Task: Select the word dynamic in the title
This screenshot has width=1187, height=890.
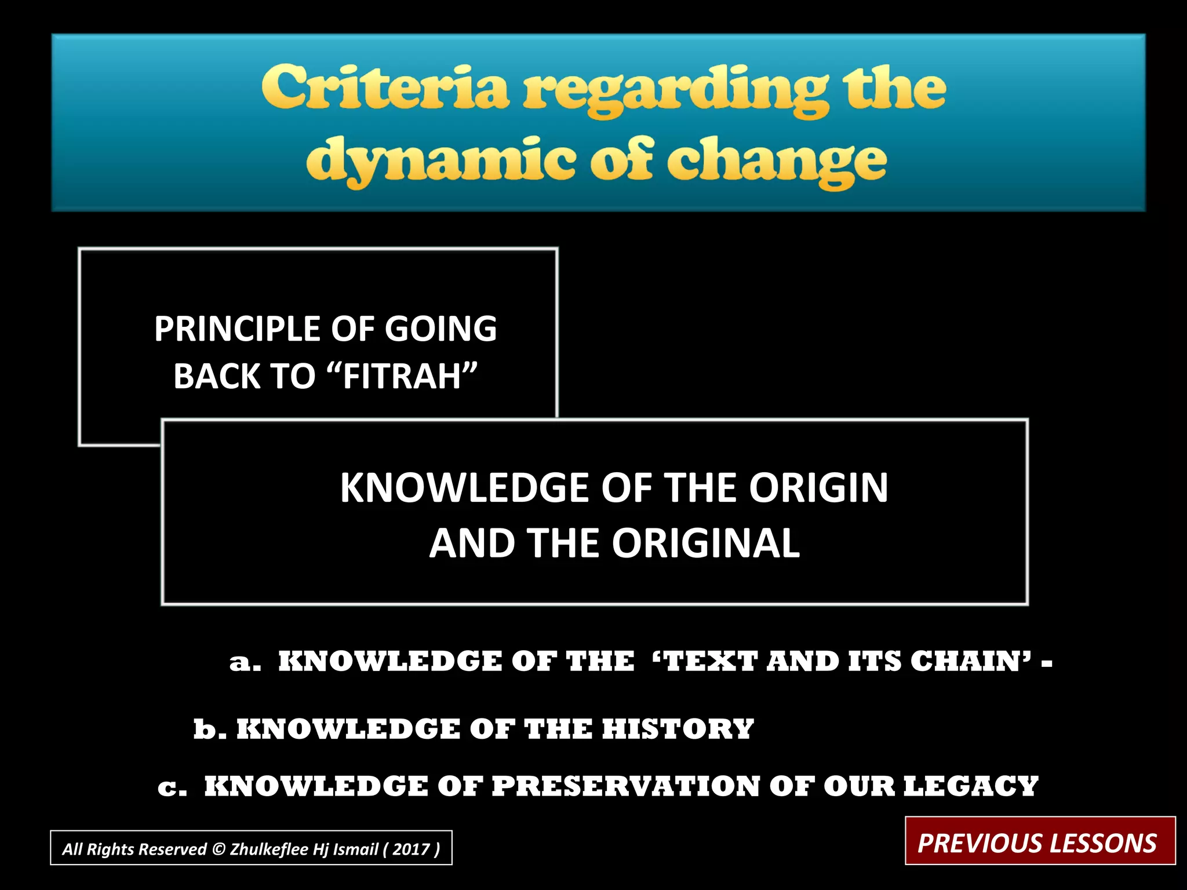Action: click(441, 161)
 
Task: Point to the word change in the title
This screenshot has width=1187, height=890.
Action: click(777, 162)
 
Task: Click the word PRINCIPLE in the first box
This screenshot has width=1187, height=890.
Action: click(238, 329)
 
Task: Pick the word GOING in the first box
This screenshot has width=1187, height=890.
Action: click(440, 329)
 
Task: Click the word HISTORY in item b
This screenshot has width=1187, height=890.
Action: click(678, 729)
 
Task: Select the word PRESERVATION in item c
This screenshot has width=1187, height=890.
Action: click(625, 786)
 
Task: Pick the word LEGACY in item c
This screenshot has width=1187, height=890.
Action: click(971, 786)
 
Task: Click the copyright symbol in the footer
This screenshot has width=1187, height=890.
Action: click(219, 849)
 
